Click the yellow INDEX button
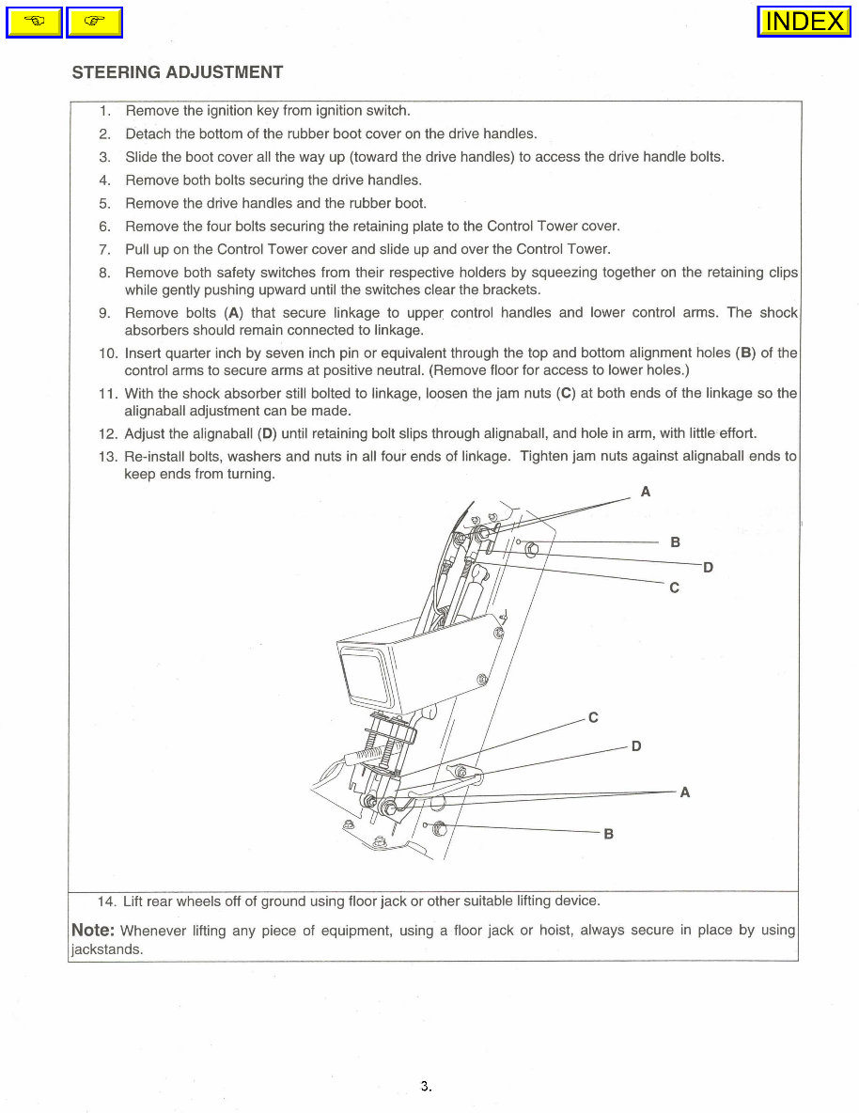point(804,22)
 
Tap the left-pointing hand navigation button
point(34,22)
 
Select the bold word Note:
point(93,930)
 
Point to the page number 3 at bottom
point(425,1086)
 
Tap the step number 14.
point(106,901)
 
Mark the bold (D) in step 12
point(268,433)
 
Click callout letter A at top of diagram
point(646,492)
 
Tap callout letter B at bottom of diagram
point(609,834)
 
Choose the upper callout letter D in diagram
point(708,567)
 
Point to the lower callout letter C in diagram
point(593,718)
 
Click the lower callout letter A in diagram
point(684,792)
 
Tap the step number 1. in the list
point(105,110)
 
